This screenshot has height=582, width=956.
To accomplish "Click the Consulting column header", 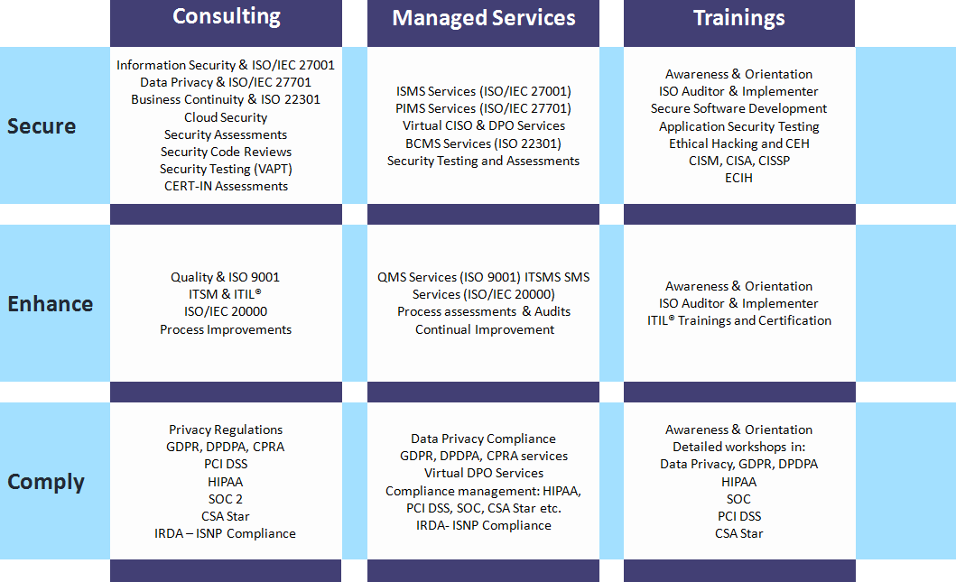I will click(226, 17).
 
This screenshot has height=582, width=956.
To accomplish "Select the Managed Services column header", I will click(483, 19).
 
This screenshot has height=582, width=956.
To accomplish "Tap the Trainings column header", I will click(738, 19).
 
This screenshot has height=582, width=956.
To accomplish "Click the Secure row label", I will click(42, 126).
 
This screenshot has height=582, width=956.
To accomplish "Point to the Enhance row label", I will click(51, 304).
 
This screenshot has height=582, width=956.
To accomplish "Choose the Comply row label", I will click(46, 482).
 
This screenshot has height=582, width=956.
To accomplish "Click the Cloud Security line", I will click(226, 117).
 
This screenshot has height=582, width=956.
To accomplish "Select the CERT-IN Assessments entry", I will click(226, 186).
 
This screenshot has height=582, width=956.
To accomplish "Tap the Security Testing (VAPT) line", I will click(226, 169).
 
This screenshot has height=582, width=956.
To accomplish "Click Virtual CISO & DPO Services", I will click(484, 125).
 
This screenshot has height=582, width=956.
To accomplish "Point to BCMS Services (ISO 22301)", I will click(483, 143).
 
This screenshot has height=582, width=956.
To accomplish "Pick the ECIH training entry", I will click(738, 178).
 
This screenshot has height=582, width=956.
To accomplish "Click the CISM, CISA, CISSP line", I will click(738, 161).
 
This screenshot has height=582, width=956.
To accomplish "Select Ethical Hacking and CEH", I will click(738, 143).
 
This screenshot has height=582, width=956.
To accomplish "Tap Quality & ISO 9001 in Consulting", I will click(226, 277).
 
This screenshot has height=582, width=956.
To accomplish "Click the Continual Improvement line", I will click(485, 329).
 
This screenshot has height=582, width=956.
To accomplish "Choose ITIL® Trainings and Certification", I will click(738, 320).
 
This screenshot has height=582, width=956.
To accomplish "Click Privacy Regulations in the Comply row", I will click(226, 430).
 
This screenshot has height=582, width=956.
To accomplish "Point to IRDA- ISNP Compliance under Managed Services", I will click(483, 525).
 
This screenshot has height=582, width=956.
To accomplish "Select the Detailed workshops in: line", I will click(738, 447).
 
